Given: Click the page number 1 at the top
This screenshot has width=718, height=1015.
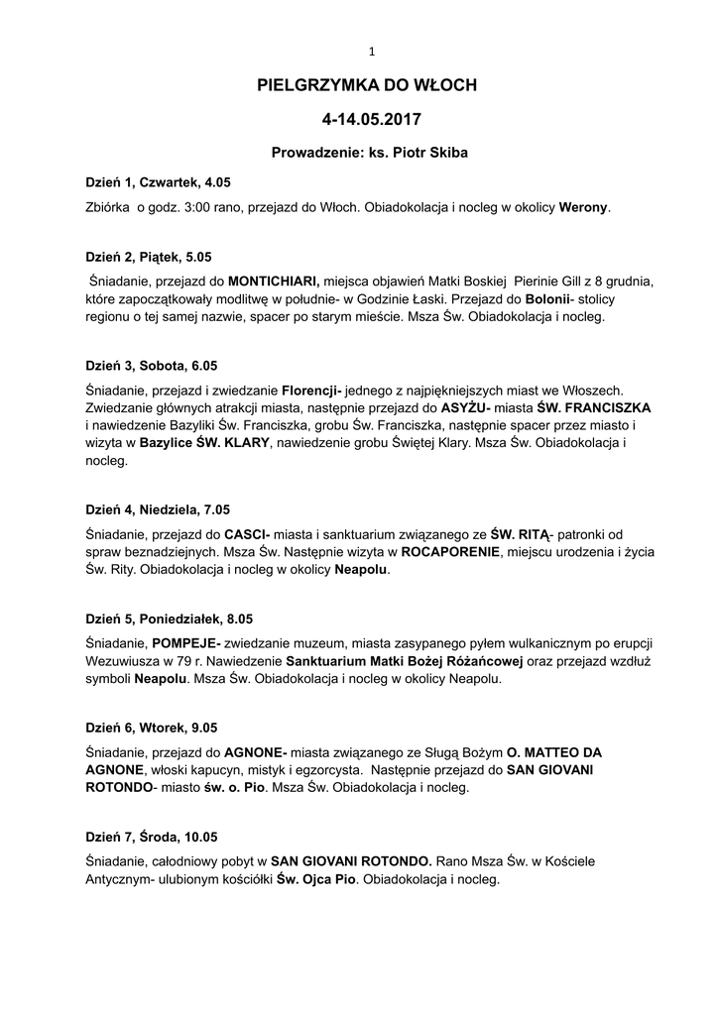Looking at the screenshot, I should pyautogui.click(x=371, y=52).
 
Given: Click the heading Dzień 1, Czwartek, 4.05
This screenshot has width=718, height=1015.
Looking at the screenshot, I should pyautogui.click(x=158, y=183).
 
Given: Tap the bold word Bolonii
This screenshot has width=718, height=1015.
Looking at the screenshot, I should pyautogui.click(x=548, y=299).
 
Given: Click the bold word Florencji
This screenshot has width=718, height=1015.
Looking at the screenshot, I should pyautogui.click(x=310, y=390).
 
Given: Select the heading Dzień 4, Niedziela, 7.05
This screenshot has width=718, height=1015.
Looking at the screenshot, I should pyautogui.click(x=158, y=509).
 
